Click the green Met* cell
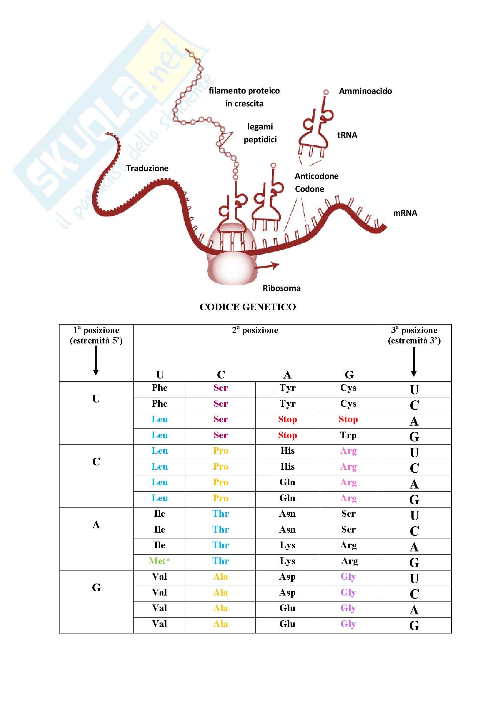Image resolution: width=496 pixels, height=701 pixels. click(x=159, y=561)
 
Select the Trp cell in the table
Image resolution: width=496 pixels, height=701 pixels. click(x=348, y=435)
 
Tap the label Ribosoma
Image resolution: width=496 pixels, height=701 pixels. click(x=282, y=288)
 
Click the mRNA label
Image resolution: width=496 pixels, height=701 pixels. click(x=405, y=213)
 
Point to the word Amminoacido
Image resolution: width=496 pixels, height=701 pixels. click(x=365, y=91)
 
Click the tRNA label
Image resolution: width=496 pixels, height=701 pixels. click(x=347, y=135)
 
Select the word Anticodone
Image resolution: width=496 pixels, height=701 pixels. click(x=316, y=176)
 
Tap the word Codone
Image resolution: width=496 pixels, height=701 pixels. click(x=309, y=189)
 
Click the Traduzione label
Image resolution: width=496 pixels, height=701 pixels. click(x=147, y=168)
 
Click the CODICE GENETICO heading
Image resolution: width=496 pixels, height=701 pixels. click(x=248, y=307)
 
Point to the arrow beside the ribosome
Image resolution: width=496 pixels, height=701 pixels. click(x=267, y=266)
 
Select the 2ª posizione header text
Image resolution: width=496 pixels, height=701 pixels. click(x=255, y=330)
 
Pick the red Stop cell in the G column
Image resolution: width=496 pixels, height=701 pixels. click(x=348, y=419)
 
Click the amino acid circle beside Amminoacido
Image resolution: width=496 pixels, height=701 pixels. click(x=326, y=92)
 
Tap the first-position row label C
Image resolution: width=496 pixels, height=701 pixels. click(x=96, y=462)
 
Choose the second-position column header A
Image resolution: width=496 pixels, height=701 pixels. click(x=287, y=375)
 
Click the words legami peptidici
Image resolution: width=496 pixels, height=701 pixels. click(x=260, y=133)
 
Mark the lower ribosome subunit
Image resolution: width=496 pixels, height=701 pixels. click(x=231, y=270)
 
